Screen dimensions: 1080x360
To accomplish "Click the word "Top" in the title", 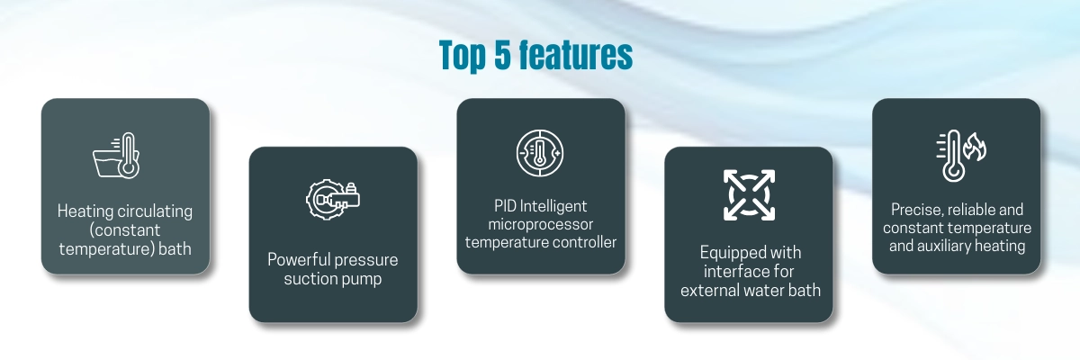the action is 463,57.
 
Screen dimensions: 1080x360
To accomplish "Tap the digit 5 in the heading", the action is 502,54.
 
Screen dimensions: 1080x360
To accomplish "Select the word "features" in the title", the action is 576,54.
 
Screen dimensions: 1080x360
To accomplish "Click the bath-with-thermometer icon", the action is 116,156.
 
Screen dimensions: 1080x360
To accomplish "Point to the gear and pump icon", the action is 333,200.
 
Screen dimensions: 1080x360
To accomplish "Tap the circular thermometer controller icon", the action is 540,153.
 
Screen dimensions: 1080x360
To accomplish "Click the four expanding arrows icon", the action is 749,195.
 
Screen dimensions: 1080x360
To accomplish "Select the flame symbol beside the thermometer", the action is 975,147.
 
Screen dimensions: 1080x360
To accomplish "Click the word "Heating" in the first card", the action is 85,211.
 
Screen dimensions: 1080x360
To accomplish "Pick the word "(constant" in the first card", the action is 125,229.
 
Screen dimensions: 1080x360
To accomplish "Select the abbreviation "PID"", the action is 505,206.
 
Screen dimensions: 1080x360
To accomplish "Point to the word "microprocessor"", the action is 541,224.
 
